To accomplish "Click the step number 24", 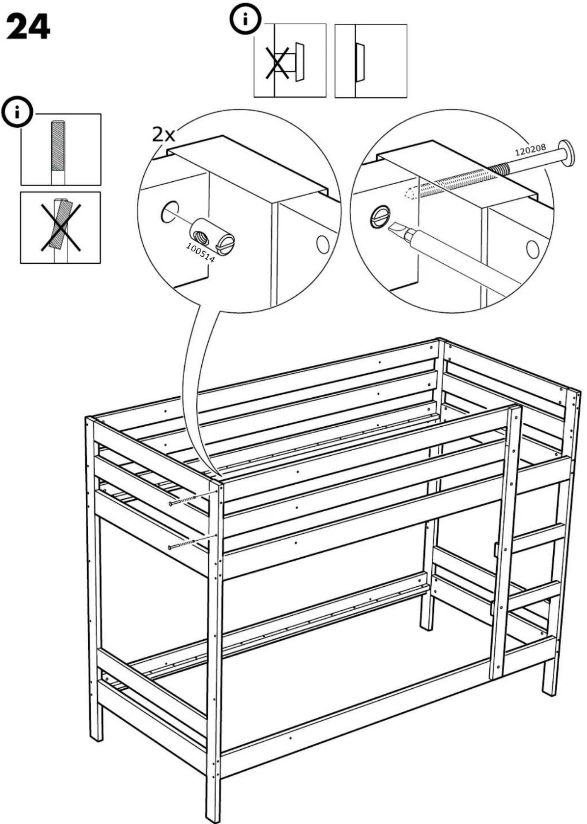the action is click(28, 26).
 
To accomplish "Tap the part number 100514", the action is click(201, 253).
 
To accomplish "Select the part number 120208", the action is click(530, 150).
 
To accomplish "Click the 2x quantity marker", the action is click(164, 135).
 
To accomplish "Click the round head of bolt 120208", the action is click(567, 153).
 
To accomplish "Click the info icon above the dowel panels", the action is click(17, 112).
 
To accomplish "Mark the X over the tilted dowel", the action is click(61, 227).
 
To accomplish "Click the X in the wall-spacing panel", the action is click(277, 63).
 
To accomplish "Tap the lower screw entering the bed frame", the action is click(182, 544).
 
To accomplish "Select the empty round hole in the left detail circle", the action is click(170, 211).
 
